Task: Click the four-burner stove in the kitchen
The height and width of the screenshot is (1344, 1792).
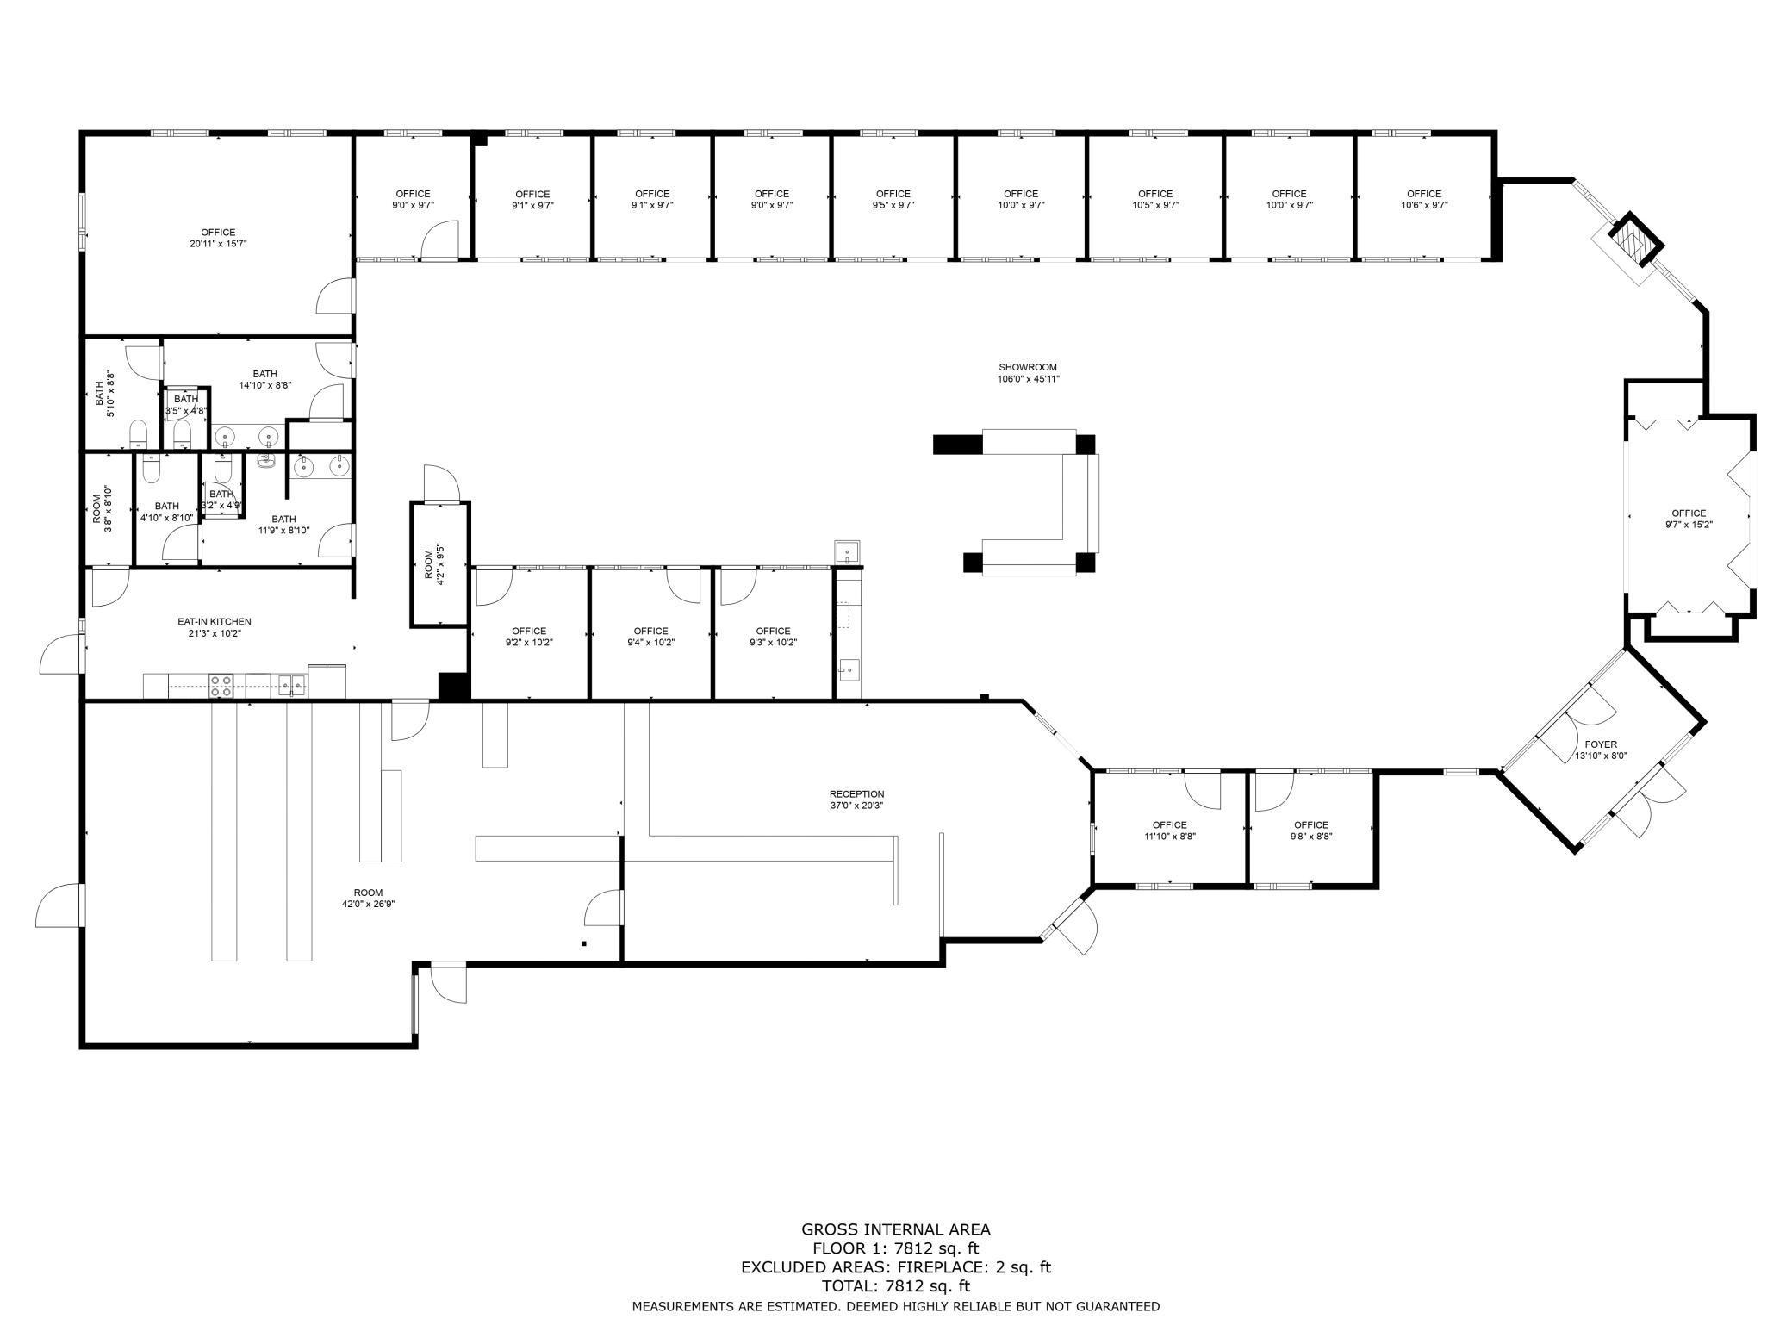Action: tap(221, 686)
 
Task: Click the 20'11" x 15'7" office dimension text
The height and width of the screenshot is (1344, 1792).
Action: tap(219, 244)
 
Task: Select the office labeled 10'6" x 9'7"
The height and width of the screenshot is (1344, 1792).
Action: tap(1424, 199)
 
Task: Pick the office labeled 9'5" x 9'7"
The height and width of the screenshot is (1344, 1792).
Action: tap(893, 199)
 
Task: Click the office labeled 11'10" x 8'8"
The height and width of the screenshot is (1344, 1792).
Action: tap(1169, 831)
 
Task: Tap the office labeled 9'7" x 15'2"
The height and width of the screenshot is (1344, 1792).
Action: tap(1689, 519)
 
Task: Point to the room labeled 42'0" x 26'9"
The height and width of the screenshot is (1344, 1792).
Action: tap(368, 898)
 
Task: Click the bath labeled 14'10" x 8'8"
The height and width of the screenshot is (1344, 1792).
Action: tap(265, 379)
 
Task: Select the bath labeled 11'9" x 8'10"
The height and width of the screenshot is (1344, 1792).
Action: tap(283, 524)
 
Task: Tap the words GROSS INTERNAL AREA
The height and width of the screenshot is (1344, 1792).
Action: tap(896, 1229)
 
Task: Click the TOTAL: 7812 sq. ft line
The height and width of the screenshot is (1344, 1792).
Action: tap(896, 1286)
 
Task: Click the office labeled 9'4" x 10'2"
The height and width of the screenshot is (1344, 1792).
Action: tap(650, 636)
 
